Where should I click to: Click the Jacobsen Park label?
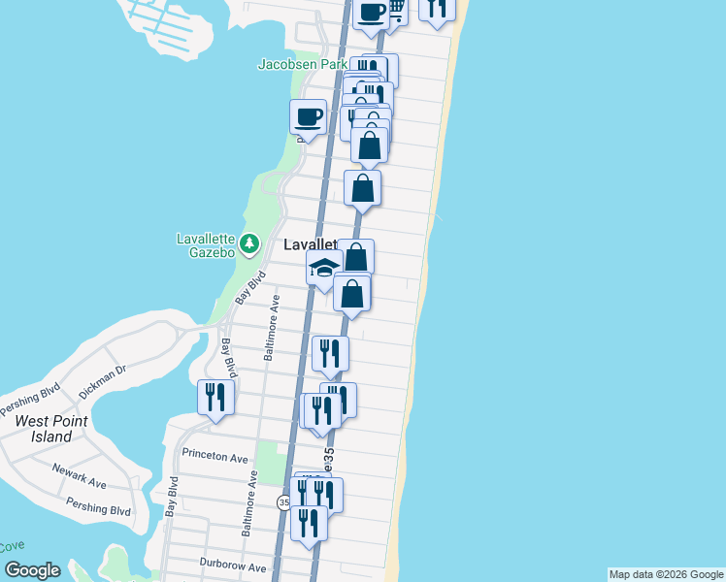pyautogui.click(x=302, y=65)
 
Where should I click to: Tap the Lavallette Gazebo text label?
pyautogui.click(x=206, y=245)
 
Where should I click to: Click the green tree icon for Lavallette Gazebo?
pyautogui.click(x=250, y=242)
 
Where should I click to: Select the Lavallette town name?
pyautogui.click(x=310, y=245)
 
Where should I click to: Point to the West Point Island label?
pyautogui.click(x=50, y=429)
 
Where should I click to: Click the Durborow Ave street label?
pyautogui.click(x=232, y=566)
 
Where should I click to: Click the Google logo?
pyautogui.click(x=32, y=570)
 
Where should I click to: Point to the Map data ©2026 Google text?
pyautogui.click(x=666, y=574)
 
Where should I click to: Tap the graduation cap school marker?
pyautogui.click(x=323, y=270)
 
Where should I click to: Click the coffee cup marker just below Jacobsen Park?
pyautogui.click(x=308, y=117)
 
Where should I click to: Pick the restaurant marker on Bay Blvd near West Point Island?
pyautogui.click(x=214, y=397)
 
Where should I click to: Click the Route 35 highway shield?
pyautogui.click(x=283, y=502)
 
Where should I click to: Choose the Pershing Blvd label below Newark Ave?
pyautogui.click(x=98, y=506)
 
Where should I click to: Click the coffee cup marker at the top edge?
pyautogui.click(x=371, y=12)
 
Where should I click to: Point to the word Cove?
pyautogui.click(x=12, y=546)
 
